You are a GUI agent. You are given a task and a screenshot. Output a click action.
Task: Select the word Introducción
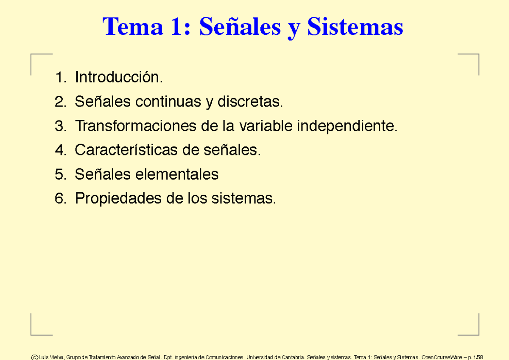point(119,77)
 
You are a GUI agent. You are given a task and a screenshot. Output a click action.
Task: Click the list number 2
point(60,102)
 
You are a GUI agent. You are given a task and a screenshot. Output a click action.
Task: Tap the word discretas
point(250,102)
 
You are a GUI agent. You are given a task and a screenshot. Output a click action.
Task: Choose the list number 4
point(60,150)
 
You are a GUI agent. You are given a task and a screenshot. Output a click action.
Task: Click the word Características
point(126,150)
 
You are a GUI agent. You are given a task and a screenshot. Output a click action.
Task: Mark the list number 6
point(60,198)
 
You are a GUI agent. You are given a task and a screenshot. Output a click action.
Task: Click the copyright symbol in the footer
point(34,357)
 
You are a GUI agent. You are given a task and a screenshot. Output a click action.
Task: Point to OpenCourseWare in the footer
point(441,357)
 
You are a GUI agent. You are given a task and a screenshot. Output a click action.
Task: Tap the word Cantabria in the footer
point(291,357)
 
